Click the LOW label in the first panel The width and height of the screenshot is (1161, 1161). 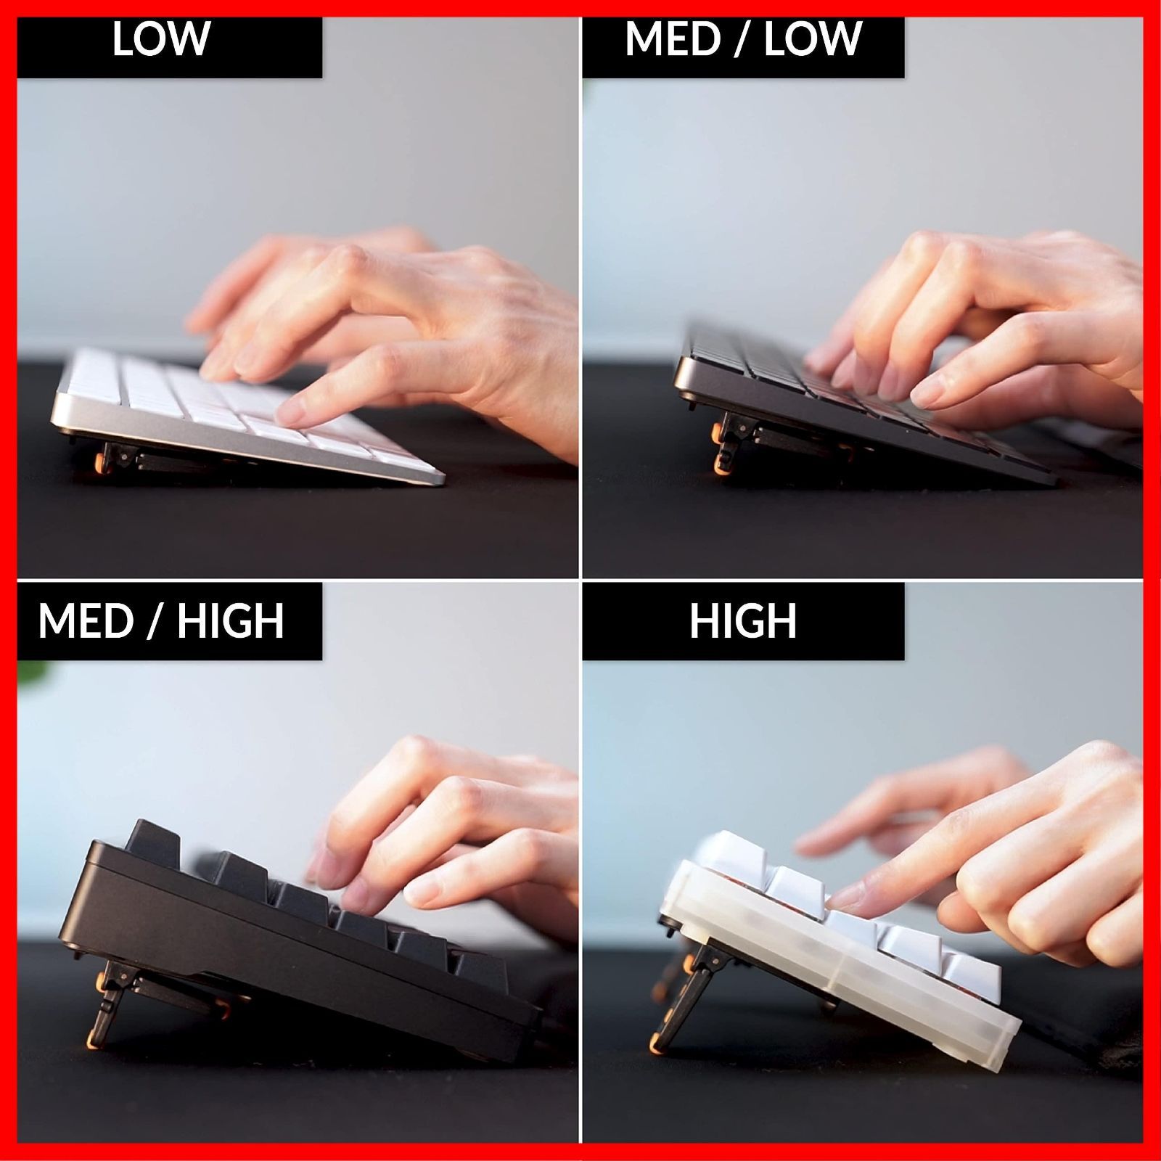161,39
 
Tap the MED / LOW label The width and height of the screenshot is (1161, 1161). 743,39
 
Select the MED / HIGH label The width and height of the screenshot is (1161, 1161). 161,621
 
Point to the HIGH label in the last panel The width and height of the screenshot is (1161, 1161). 743,621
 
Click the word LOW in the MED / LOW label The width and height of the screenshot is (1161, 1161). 813,39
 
